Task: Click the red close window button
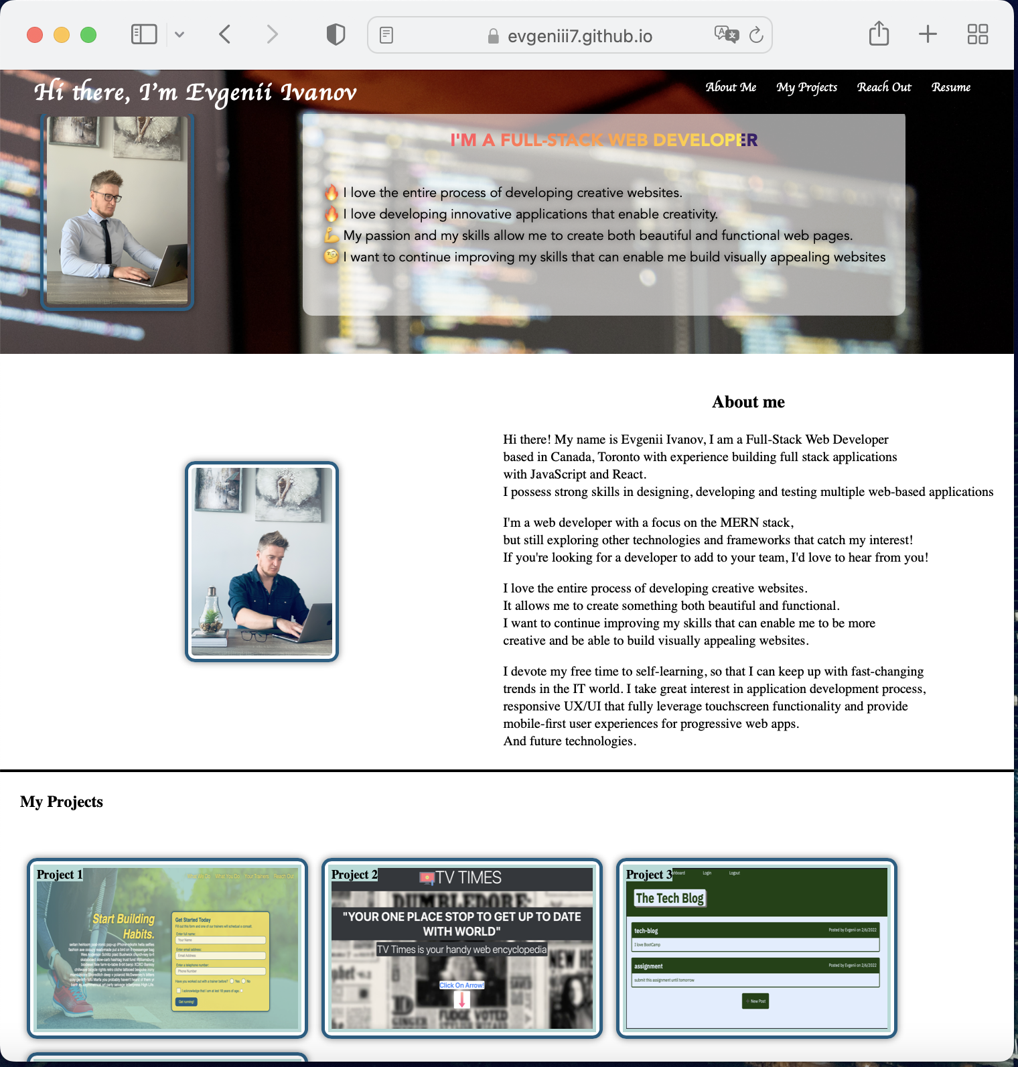coord(35,35)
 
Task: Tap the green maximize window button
coord(88,35)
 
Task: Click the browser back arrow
coord(225,34)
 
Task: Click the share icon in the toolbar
coord(879,34)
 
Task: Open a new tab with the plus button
coord(928,34)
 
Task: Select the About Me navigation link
coord(731,87)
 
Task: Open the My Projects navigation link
coord(806,87)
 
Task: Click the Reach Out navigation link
coord(884,87)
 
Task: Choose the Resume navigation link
coord(950,87)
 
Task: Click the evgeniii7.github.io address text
coord(579,36)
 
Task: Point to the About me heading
coord(748,402)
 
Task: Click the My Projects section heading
coord(62,802)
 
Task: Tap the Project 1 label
coord(60,875)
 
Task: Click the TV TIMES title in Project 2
coord(468,878)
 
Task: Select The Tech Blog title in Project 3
coord(670,898)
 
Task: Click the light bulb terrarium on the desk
coord(212,613)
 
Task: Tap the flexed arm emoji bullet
coord(332,235)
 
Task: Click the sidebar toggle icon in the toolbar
coord(144,34)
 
